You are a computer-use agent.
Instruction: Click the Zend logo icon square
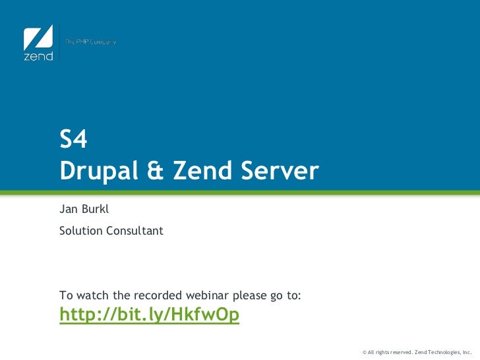pyautogui.click(x=38, y=37)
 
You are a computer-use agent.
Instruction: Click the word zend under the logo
pyautogui.click(x=38, y=56)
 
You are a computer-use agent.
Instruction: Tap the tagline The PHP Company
pyautogui.click(x=90, y=42)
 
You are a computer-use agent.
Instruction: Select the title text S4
pyautogui.click(x=73, y=140)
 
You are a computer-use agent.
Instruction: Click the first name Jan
pyautogui.click(x=68, y=210)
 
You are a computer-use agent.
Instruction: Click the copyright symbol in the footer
pyautogui.click(x=365, y=352)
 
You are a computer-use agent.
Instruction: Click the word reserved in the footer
pyautogui.click(x=397, y=352)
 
